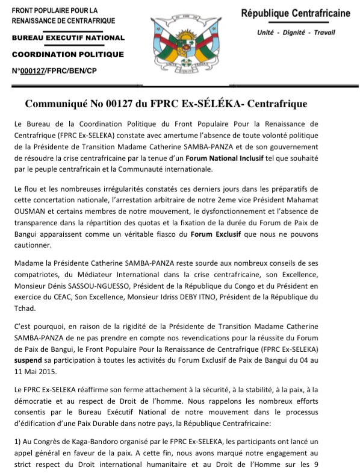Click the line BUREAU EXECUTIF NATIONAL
[x=68, y=38]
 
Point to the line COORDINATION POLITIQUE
[x=67, y=54]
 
